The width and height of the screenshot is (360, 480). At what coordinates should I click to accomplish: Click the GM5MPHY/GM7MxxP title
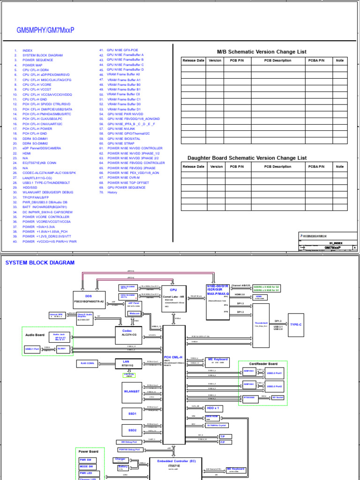click(45, 30)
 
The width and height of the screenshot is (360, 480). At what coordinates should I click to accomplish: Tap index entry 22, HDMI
click(26, 153)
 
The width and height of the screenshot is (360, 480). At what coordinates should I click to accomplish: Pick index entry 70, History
click(112, 192)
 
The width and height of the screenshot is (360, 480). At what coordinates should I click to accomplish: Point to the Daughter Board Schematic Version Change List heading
click(247, 158)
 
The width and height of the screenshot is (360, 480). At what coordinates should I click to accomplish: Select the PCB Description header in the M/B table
click(277, 60)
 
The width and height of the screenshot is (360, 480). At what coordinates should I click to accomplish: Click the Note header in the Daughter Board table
click(339, 166)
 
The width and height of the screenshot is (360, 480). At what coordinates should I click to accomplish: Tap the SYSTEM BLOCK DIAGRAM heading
click(40, 263)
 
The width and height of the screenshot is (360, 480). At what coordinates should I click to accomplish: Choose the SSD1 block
click(132, 414)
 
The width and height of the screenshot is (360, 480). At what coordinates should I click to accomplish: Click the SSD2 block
click(132, 430)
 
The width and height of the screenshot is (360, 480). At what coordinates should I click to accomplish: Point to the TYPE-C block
click(296, 324)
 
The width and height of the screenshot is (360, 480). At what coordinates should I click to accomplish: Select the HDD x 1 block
click(213, 408)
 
